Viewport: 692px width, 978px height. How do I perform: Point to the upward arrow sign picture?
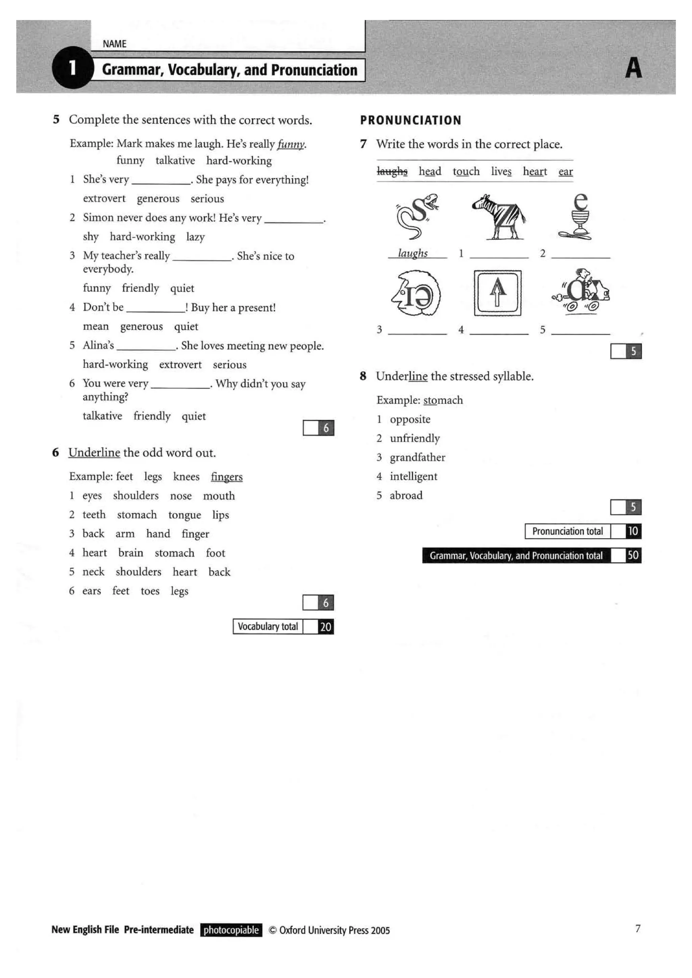pyautogui.click(x=497, y=293)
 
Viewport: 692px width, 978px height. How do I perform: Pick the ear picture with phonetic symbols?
pyautogui.click(x=416, y=293)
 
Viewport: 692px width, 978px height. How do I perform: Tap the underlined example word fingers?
pyautogui.click(x=226, y=476)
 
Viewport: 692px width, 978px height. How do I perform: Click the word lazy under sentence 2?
pyautogui.click(x=195, y=237)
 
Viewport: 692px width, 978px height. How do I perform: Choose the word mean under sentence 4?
pyautogui.click(x=96, y=326)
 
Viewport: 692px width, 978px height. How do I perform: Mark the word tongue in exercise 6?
pyautogui.click(x=184, y=515)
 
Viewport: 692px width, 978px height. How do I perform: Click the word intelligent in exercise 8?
pyautogui.click(x=413, y=476)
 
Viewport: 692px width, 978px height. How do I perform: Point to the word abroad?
pyautogui.click(x=406, y=495)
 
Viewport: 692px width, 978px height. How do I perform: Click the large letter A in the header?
pyautogui.click(x=633, y=68)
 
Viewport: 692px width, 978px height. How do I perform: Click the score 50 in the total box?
pyautogui.click(x=633, y=555)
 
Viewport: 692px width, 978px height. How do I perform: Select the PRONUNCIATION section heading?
pyautogui.click(x=411, y=120)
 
